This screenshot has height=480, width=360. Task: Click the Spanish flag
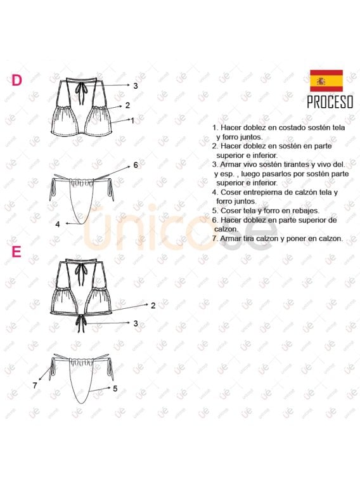[x=326, y=81]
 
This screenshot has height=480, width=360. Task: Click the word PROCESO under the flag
[x=330, y=103]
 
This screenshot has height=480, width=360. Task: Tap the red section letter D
[x=18, y=80]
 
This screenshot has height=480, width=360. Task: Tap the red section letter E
[x=16, y=252]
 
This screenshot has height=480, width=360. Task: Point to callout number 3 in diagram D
[x=135, y=85]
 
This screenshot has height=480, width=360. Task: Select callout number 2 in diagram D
[x=127, y=106]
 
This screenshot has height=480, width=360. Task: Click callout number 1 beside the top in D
[x=132, y=119]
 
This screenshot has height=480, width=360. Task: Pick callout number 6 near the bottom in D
[x=136, y=165]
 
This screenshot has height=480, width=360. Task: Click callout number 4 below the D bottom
[x=57, y=224]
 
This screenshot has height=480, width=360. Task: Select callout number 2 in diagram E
[x=153, y=305]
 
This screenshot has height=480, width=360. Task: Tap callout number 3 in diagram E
[x=135, y=323]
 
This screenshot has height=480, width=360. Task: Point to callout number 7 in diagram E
[x=35, y=385]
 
